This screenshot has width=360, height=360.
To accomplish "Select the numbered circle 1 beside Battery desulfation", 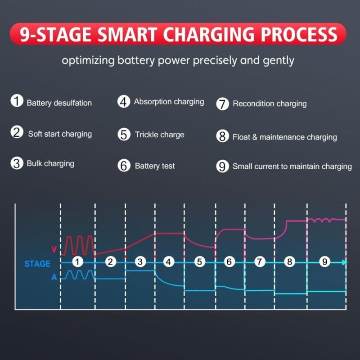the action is coord(17,101).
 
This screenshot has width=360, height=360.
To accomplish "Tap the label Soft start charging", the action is coord(60,134).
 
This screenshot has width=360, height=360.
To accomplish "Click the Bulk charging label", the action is coord(50,163).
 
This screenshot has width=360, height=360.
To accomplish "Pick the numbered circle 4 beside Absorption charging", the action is coord(124,102).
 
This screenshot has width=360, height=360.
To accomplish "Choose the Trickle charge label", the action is coord(159,135).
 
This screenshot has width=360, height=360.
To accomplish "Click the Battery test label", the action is coord(155,166).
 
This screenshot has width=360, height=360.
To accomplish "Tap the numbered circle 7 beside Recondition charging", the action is coord(223,103).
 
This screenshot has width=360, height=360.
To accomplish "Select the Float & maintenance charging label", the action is coord(284,137).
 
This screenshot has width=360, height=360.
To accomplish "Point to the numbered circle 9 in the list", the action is coord(222,166).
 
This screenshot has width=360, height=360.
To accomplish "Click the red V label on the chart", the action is coord(54,249).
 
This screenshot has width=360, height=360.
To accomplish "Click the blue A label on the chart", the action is coord(54,278).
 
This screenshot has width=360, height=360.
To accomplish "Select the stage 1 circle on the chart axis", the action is coord(78,262).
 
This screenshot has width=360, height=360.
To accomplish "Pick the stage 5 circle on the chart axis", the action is coord(200,262).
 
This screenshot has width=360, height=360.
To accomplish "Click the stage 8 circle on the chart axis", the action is coord(289,262).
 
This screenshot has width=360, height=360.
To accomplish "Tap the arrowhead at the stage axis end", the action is coord(344,262).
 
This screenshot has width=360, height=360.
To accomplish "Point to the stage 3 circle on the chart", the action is coord(141,262).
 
